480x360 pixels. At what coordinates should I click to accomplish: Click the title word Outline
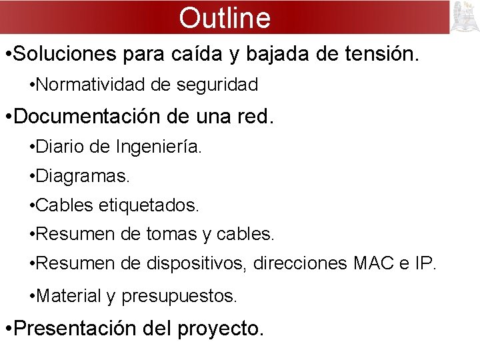225,18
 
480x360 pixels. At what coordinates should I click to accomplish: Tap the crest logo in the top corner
465,17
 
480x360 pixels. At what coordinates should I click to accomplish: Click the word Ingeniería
157,146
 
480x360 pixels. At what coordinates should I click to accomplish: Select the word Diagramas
83,176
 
